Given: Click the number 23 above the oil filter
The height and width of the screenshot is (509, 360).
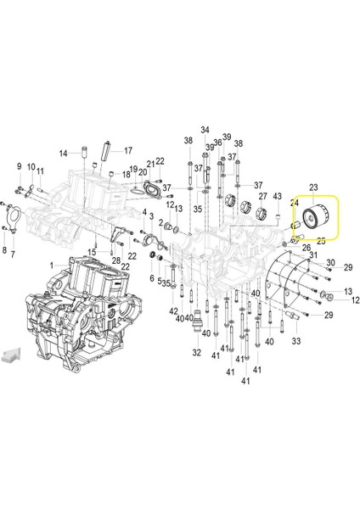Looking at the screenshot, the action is point(313,187).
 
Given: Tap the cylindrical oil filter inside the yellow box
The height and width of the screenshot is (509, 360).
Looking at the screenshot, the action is point(316,217).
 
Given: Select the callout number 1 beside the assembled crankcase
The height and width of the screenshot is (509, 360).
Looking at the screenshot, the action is point(51,266).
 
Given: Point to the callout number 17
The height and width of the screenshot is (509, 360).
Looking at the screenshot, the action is point(128,151).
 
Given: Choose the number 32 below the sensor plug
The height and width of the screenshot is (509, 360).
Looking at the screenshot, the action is point(197,352).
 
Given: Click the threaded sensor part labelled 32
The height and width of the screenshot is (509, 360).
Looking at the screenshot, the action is point(197,321).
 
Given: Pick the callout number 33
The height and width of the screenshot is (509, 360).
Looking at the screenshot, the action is point(296,341).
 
